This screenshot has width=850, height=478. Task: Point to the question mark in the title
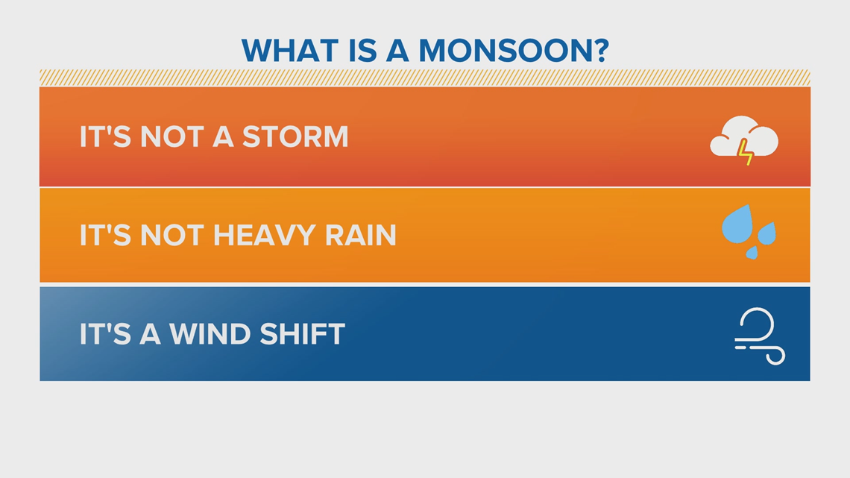[602, 51]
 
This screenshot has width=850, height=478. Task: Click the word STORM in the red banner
[295, 136]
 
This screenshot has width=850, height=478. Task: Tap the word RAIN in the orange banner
[360, 235]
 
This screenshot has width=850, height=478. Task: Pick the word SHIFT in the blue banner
[302, 334]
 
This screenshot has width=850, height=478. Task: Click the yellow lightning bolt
[746, 151]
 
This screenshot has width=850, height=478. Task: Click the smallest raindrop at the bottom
[752, 253]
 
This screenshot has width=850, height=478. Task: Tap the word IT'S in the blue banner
[105, 334]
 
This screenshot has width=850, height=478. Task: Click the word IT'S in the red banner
[105, 136]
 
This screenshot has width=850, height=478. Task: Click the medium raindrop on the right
[766, 233]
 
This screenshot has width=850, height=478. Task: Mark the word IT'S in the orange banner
[105, 235]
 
